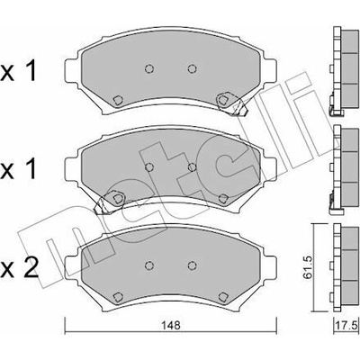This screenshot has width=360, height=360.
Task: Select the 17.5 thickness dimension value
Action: (x=349, y=326)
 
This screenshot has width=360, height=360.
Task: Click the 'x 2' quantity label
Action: (x=20, y=268)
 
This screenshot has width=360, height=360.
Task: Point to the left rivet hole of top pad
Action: (x=149, y=68)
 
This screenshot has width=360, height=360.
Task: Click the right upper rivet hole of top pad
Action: (x=192, y=68)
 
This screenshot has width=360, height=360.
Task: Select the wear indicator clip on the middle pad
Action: (x=109, y=202)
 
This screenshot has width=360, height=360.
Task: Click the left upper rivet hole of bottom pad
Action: (x=149, y=265)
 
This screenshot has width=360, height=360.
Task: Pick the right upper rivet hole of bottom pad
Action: (x=192, y=265)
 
